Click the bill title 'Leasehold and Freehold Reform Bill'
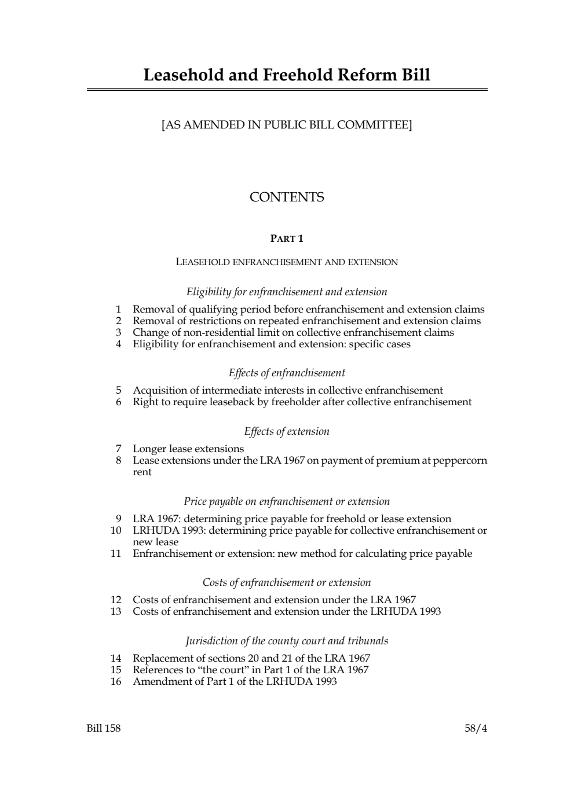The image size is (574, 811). click(287, 75)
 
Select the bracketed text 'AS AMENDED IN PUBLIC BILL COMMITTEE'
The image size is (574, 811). click(287, 124)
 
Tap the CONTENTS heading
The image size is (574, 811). click(287, 197)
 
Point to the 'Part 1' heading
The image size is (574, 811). click(287, 238)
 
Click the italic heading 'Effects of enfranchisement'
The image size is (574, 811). click(287, 373)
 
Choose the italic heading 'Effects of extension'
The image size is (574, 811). click(287, 431)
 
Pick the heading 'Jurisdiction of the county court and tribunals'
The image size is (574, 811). click(287, 641)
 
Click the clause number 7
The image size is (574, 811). click(118, 449)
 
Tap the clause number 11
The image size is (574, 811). click(116, 553)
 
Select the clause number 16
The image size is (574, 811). click(116, 681)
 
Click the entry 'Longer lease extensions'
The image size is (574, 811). click(188, 449)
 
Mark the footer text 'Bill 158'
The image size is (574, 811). click(104, 728)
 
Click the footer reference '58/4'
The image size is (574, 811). click(476, 728)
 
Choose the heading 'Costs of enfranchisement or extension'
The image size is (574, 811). click(287, 582)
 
